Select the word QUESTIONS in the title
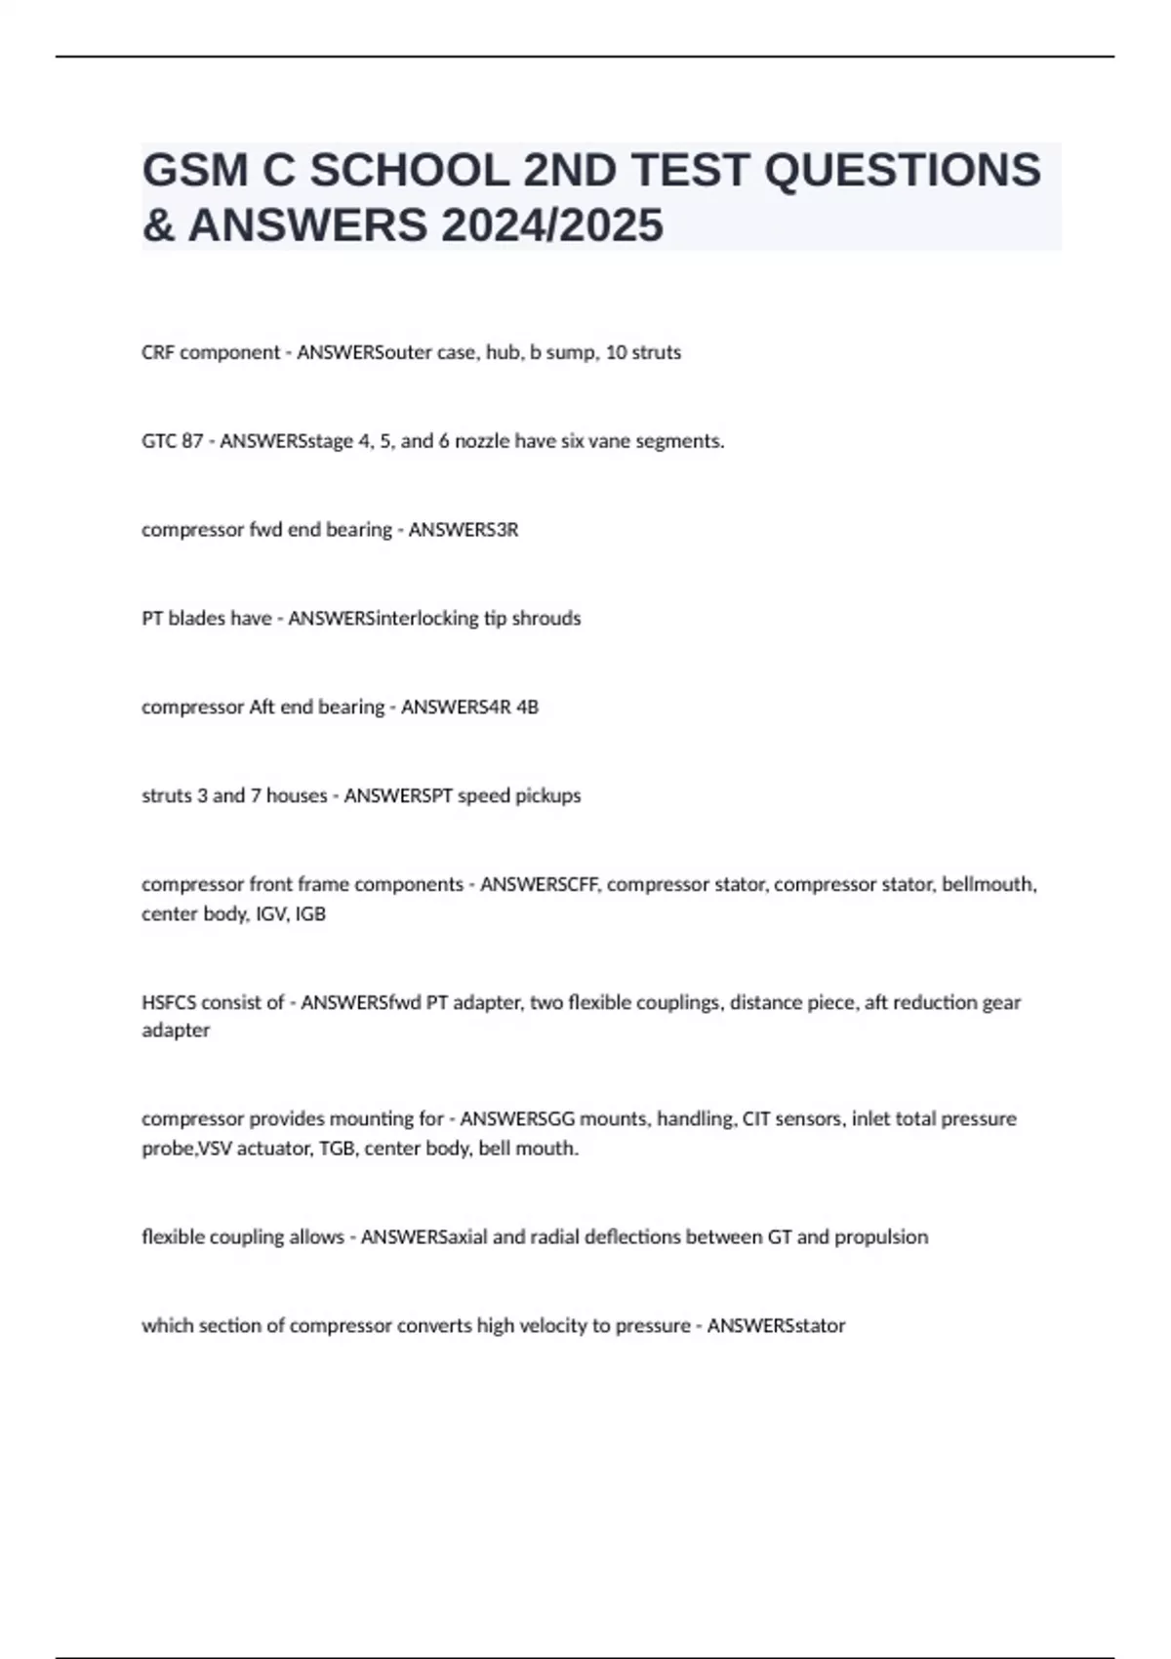click(902, 170)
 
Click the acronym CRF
click(158, 352)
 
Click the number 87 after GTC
click(192, 441)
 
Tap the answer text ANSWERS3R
click(463, 530)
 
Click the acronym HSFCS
click(169, 1002)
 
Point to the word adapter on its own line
click(176, 1031)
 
